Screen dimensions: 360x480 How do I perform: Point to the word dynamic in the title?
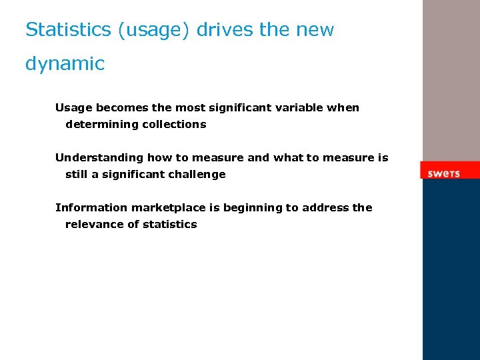65,64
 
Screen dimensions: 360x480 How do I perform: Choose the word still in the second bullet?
77,175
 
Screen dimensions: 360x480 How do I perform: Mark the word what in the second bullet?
288,158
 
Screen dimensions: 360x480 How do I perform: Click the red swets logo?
444,173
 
